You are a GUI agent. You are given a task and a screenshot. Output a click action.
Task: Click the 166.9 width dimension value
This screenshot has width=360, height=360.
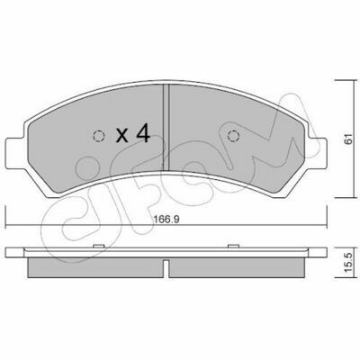166,220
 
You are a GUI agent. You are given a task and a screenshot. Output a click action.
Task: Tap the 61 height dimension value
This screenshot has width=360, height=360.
347,139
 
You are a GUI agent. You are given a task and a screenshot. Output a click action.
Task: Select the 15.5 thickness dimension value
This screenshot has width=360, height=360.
347,262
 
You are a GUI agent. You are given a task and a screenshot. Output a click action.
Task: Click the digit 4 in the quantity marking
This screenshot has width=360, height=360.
143,134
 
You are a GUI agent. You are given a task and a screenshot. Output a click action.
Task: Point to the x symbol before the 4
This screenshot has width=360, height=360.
122,136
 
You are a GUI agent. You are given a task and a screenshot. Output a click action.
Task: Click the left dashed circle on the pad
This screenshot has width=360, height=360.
99,137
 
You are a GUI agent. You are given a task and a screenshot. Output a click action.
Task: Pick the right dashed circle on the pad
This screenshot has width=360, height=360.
233,137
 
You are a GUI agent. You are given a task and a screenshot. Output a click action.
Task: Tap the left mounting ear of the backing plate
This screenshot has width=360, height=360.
15,153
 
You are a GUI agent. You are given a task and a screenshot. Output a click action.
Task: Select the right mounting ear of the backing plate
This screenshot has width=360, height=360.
317,153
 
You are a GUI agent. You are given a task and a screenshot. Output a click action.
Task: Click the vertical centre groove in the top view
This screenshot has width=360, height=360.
166,127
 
